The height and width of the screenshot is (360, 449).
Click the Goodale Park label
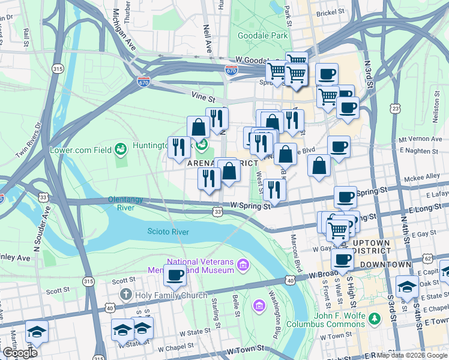pyautogui.click(x=263, y=36)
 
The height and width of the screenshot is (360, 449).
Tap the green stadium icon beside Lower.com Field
pyautogui.click(x=121, y=148)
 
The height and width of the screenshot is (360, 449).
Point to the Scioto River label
pyautogui.click(x=168, y=232)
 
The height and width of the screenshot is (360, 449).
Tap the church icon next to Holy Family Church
pyautogui.click(x=125, y=295)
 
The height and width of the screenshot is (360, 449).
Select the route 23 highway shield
pyautogui.click(x=394, y=108)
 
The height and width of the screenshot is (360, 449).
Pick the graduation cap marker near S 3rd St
pyautogui.click(x=407, y=286)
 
